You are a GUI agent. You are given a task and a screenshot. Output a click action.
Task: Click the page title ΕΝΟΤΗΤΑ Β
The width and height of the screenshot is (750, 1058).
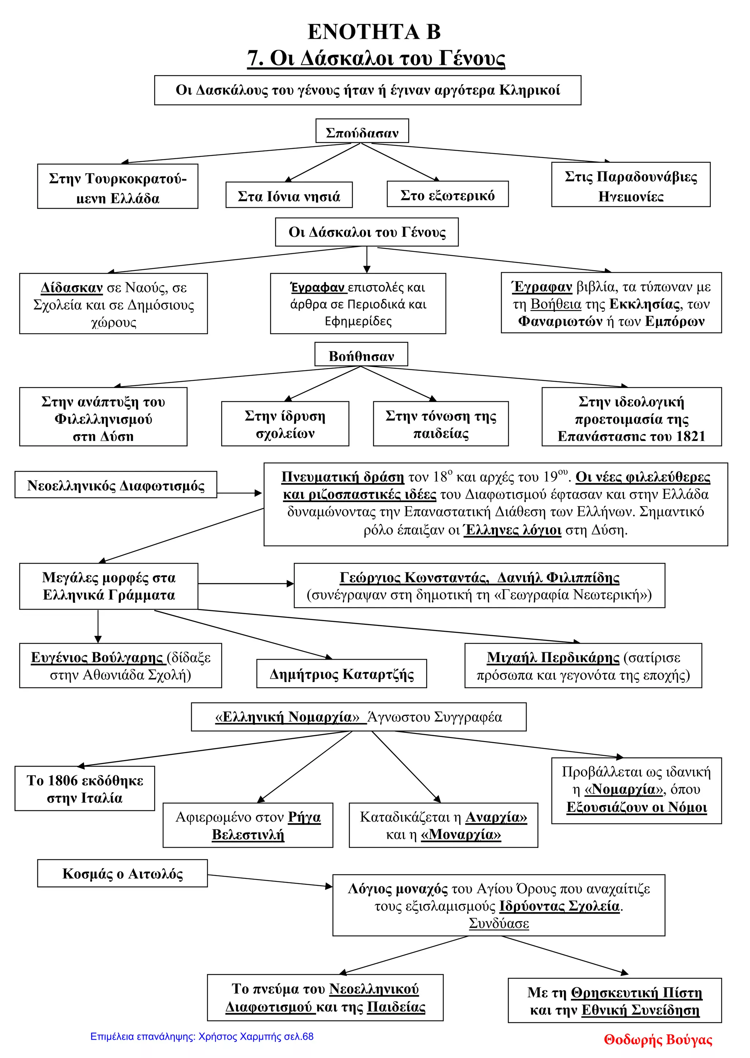tap(374, 32)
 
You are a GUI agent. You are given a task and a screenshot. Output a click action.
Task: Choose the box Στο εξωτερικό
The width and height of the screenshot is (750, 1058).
tap(447, 195)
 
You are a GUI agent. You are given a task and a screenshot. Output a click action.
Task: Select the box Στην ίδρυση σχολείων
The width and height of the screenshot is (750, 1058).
tap(285, 424)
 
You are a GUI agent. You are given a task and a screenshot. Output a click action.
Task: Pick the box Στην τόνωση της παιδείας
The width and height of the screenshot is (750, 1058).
tap(441, 424)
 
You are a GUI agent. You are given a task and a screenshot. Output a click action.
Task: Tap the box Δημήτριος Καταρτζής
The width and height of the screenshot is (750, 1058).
tap(341, 674)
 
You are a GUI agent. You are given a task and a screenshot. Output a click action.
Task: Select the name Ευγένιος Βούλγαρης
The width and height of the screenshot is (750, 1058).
tap(97, 657)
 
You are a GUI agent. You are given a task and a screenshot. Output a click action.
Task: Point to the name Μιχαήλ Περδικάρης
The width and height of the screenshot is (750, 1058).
tap(553, 657)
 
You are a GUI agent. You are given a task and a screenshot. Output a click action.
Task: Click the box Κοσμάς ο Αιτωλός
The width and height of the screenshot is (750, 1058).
tap(122, 873)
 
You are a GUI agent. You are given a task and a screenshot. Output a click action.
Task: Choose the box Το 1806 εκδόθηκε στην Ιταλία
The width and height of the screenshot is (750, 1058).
tap(85, 789)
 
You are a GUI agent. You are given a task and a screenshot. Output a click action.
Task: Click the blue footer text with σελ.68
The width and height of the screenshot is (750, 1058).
tap(202, 1036)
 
